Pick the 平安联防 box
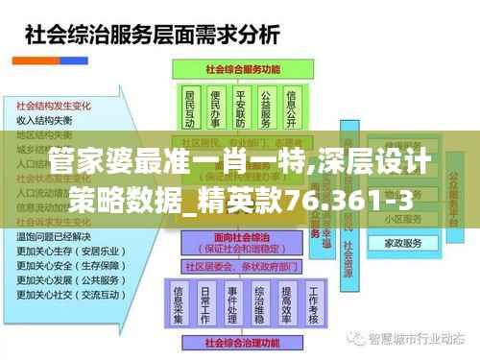point(240,108)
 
